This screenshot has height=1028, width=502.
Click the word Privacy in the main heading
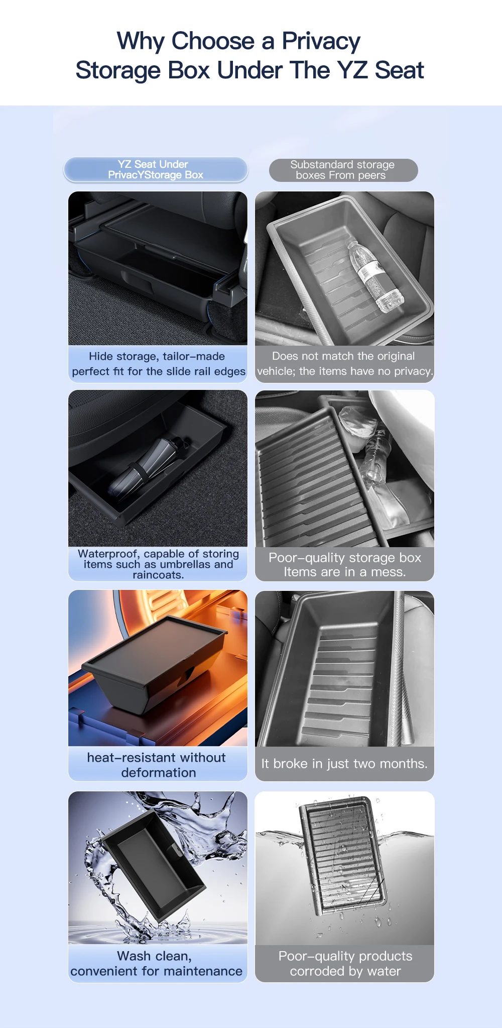pyautogui.click(x=321, y=42)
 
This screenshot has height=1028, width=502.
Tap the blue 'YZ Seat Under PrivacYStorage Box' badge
pyautogui.click(x=156, y=170)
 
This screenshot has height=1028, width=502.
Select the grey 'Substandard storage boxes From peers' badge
pyautogui.click(x=343, y=170)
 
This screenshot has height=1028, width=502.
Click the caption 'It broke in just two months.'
pyautogui.click(x=344, y=764)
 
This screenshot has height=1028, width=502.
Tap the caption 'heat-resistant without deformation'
pyautogui.click(x=157, y=765)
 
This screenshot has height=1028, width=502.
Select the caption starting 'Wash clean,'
pyautogui.click(x=156, y=963)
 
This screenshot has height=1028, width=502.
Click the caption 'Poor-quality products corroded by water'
pyautogui.click(x=345, y=963)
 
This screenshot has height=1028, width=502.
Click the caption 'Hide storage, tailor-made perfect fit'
pyautogui.click(x=158, y=364)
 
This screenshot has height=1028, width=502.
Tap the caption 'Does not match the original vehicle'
pyautogui.click(x=345, y=364)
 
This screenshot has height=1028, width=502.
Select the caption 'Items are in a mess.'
pyautogui.click(x=345, y=572)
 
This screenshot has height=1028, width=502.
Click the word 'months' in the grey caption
pyautogui.click(x=402, y=764)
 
